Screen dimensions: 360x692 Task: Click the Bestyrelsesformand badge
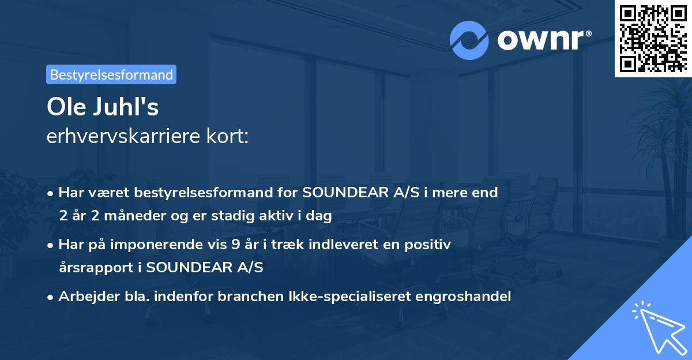pos(111,74)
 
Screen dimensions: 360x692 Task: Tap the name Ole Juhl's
pos(103,107)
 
